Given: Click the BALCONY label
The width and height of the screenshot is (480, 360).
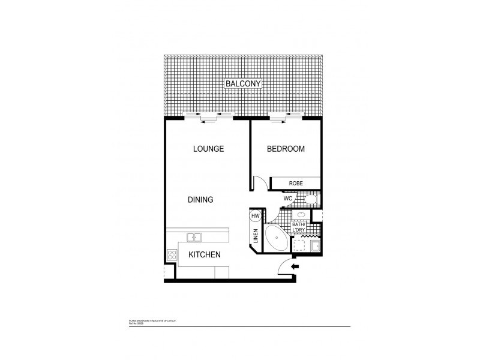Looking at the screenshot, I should [243, 84].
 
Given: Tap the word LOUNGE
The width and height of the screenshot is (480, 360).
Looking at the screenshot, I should [208, 149].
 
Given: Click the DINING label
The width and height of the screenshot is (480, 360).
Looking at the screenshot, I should [200, 200].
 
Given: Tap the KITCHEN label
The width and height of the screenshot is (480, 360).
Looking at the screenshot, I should [205, 254].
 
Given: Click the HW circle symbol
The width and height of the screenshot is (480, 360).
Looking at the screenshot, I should [255, 216].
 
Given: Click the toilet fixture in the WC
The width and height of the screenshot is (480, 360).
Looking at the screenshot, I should [310, 200].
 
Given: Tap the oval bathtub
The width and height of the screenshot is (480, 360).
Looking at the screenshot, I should [276, 239].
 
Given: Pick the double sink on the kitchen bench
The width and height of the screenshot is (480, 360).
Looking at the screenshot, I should [194, 237].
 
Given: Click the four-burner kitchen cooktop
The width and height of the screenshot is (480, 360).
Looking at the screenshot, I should [172, 254].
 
